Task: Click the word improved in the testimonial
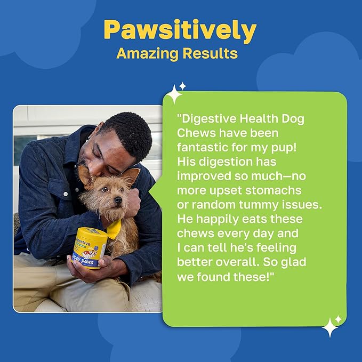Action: click(202, 176)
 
